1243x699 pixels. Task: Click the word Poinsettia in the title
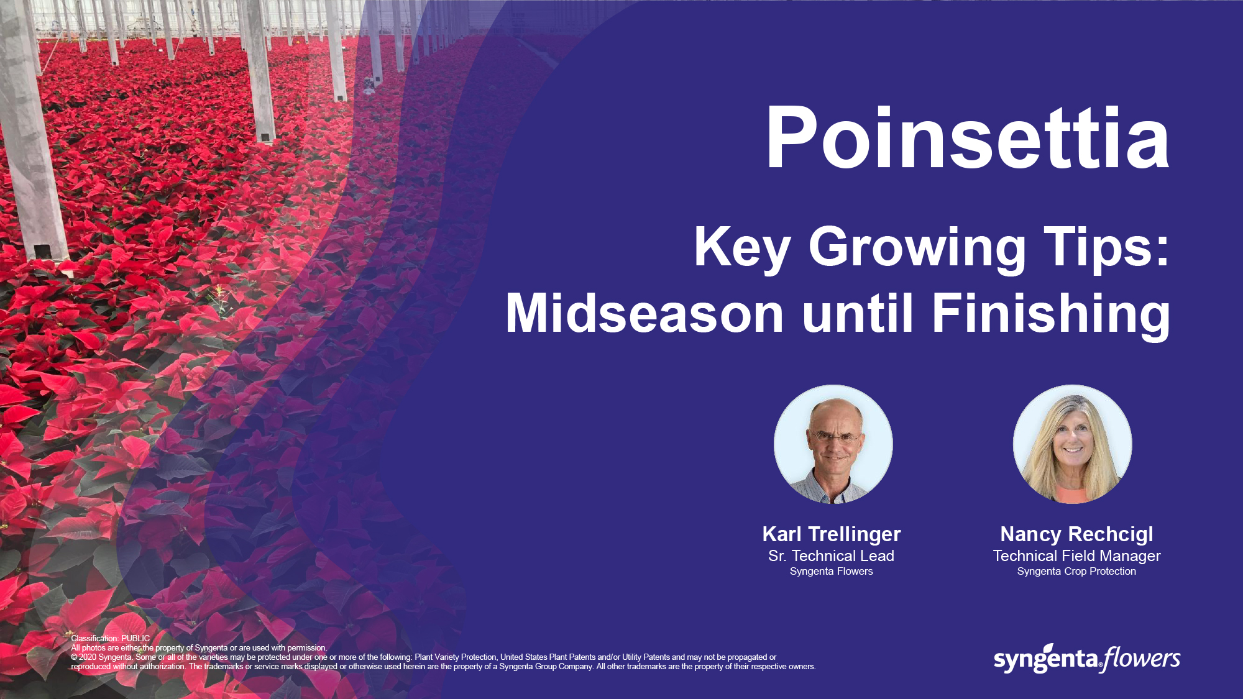pyautogui.click(x=968, y=137)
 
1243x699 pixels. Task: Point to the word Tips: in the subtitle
pyautogui.click(x=1107, y=247)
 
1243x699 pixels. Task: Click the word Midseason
pyautogui.click(x=644, y=314)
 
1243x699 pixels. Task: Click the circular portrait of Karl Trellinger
pyautogui.click(x=833, y=444)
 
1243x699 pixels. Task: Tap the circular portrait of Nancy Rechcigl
pyautogui.click(x=1073, y=444)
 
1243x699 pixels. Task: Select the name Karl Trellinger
pyautogui.click(x=832, y=534)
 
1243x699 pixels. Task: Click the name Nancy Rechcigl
pyautogui.click(x=1076, y=534)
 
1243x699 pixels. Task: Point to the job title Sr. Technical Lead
pyautogui.click(x=831, y=556)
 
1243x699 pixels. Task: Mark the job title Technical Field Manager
pyautogui.click(x=1076, y=556)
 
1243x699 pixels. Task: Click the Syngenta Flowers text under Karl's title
pyautogui.click(x=831, y=572)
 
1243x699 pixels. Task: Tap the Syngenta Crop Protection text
pyautogui.click(x=1076, y=572)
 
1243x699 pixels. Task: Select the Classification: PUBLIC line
pyautogui.click(x=110, y=638)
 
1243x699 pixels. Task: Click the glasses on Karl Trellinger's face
pyautogui.click(x=834, y=437)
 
